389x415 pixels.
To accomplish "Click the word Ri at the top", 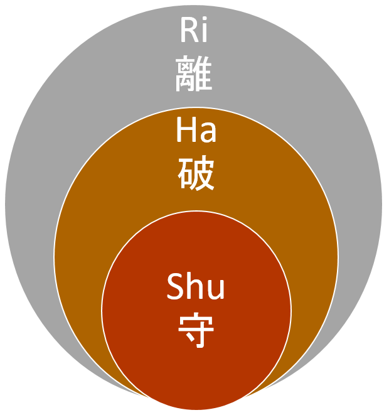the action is click(194, 32).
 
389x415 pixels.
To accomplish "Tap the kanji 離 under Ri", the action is click(194, 73).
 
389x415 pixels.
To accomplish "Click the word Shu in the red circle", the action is click(196, 288).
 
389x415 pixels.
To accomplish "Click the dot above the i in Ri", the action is click(204, 22).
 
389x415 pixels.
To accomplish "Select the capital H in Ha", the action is click(186, 131).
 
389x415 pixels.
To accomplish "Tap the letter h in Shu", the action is click(195, 286).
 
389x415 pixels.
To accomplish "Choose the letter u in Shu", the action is click(216, 290).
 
